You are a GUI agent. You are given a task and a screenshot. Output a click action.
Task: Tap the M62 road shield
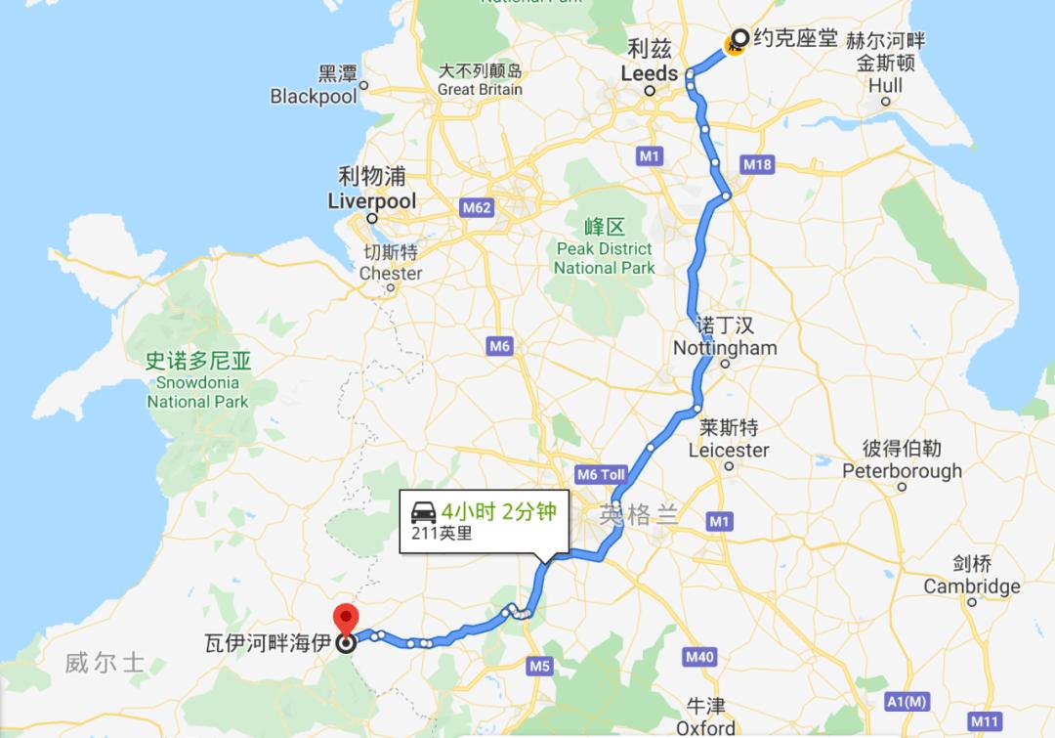(x=477, y=207)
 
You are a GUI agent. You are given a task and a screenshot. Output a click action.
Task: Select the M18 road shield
(x=757, y=164)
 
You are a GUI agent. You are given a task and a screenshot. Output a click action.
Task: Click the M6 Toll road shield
(x=601, y=475)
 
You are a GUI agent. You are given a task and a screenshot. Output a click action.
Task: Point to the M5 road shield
(x=540, y=667)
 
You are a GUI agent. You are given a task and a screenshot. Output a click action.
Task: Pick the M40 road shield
(x=699, y=657)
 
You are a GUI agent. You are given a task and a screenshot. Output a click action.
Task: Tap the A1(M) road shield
(x=906, y=701)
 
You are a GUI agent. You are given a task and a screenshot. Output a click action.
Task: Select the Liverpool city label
(x=371, y=201)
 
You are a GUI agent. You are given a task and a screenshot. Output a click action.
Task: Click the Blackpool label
(x=314, y=96)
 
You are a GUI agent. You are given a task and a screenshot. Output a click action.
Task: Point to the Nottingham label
(x=725, y=348)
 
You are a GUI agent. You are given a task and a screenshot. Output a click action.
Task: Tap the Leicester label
(x=728, y=450)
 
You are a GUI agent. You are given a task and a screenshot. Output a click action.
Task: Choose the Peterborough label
(x=902, y=470)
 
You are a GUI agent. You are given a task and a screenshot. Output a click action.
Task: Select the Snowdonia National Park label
(x=197, y=391)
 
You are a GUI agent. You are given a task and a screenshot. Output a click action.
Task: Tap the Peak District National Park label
(x=604, y=258)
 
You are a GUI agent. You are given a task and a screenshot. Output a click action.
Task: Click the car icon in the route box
(x=424, y=511)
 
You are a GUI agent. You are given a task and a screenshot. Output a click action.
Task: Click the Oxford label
(x=705, y=727)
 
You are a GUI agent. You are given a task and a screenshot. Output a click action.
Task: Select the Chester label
(x=391, y=273)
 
